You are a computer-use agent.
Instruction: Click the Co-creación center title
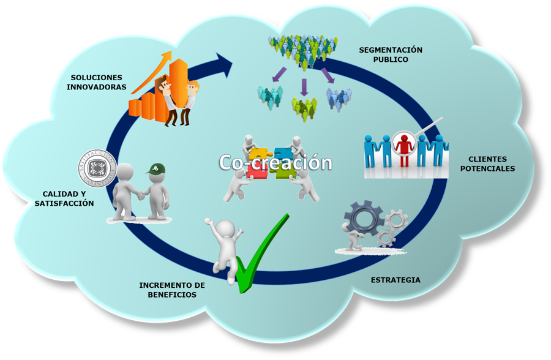[275, 163]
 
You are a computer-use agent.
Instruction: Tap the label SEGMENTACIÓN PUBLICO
[391, 54]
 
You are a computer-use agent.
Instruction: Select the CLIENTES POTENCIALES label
[487, 163]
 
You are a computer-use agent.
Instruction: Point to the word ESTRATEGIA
[395, 280]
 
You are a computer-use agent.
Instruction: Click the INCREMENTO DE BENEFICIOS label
[172, 290]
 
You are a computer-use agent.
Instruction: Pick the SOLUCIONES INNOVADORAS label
[97, 82]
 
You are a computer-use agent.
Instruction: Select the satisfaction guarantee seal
[97, 167]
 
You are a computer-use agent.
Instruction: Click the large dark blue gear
[363, 217]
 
